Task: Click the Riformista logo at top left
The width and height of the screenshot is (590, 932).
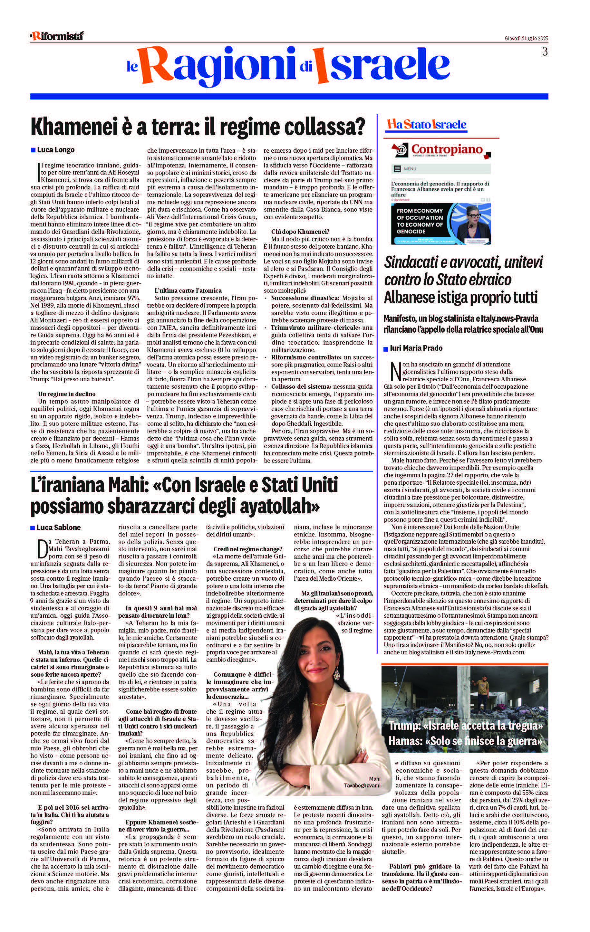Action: pyautogui.click(x=57, y=36)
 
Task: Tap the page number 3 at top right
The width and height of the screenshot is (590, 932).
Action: pyautogui.click(x=545, y=52)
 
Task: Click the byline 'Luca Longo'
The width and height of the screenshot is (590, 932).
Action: pyautogui.click(x=55, y=150)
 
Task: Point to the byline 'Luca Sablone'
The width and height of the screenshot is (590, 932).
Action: pyautogui.click(x=58, y=527)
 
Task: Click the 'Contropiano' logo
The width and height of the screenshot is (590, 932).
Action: pyautogui.click(x=446, y=150)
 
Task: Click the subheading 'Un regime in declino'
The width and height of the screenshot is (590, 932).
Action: pyautogui.click(x=67, y=394)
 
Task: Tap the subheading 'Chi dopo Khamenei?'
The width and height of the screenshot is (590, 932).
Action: pyautogui.click(x=300, y=232)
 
